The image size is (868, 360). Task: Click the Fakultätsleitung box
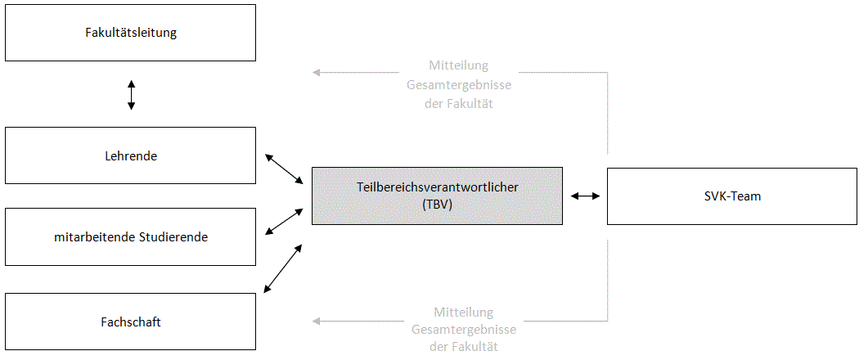(131, 34)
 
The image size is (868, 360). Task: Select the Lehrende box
(131, 155)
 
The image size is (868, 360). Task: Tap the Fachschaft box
(131, 322)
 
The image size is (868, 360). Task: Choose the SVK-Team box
(733, 196)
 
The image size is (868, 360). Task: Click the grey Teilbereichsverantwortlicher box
(437, 196)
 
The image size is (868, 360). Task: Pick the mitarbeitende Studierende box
(131, 237)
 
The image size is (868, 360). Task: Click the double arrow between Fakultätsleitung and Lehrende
(131, 94)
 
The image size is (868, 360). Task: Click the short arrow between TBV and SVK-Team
(585, 196)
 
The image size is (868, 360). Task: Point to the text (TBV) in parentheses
(438, 205)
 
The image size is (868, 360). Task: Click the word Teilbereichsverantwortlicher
(438, 187)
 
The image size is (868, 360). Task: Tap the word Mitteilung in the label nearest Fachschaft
(464, 312)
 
